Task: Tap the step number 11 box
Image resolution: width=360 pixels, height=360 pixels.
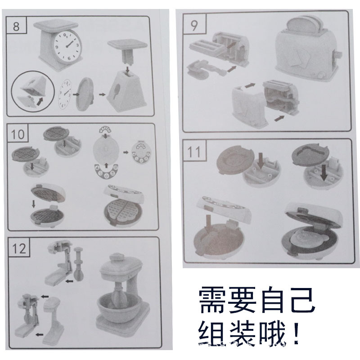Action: pyautogui.click(x=194, y=152)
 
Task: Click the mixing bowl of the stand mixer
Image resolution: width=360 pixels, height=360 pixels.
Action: pyautogui.click(x=118, y=309)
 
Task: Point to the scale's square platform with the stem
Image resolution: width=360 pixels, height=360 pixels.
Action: pyautogui.click(x=126, y=48)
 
